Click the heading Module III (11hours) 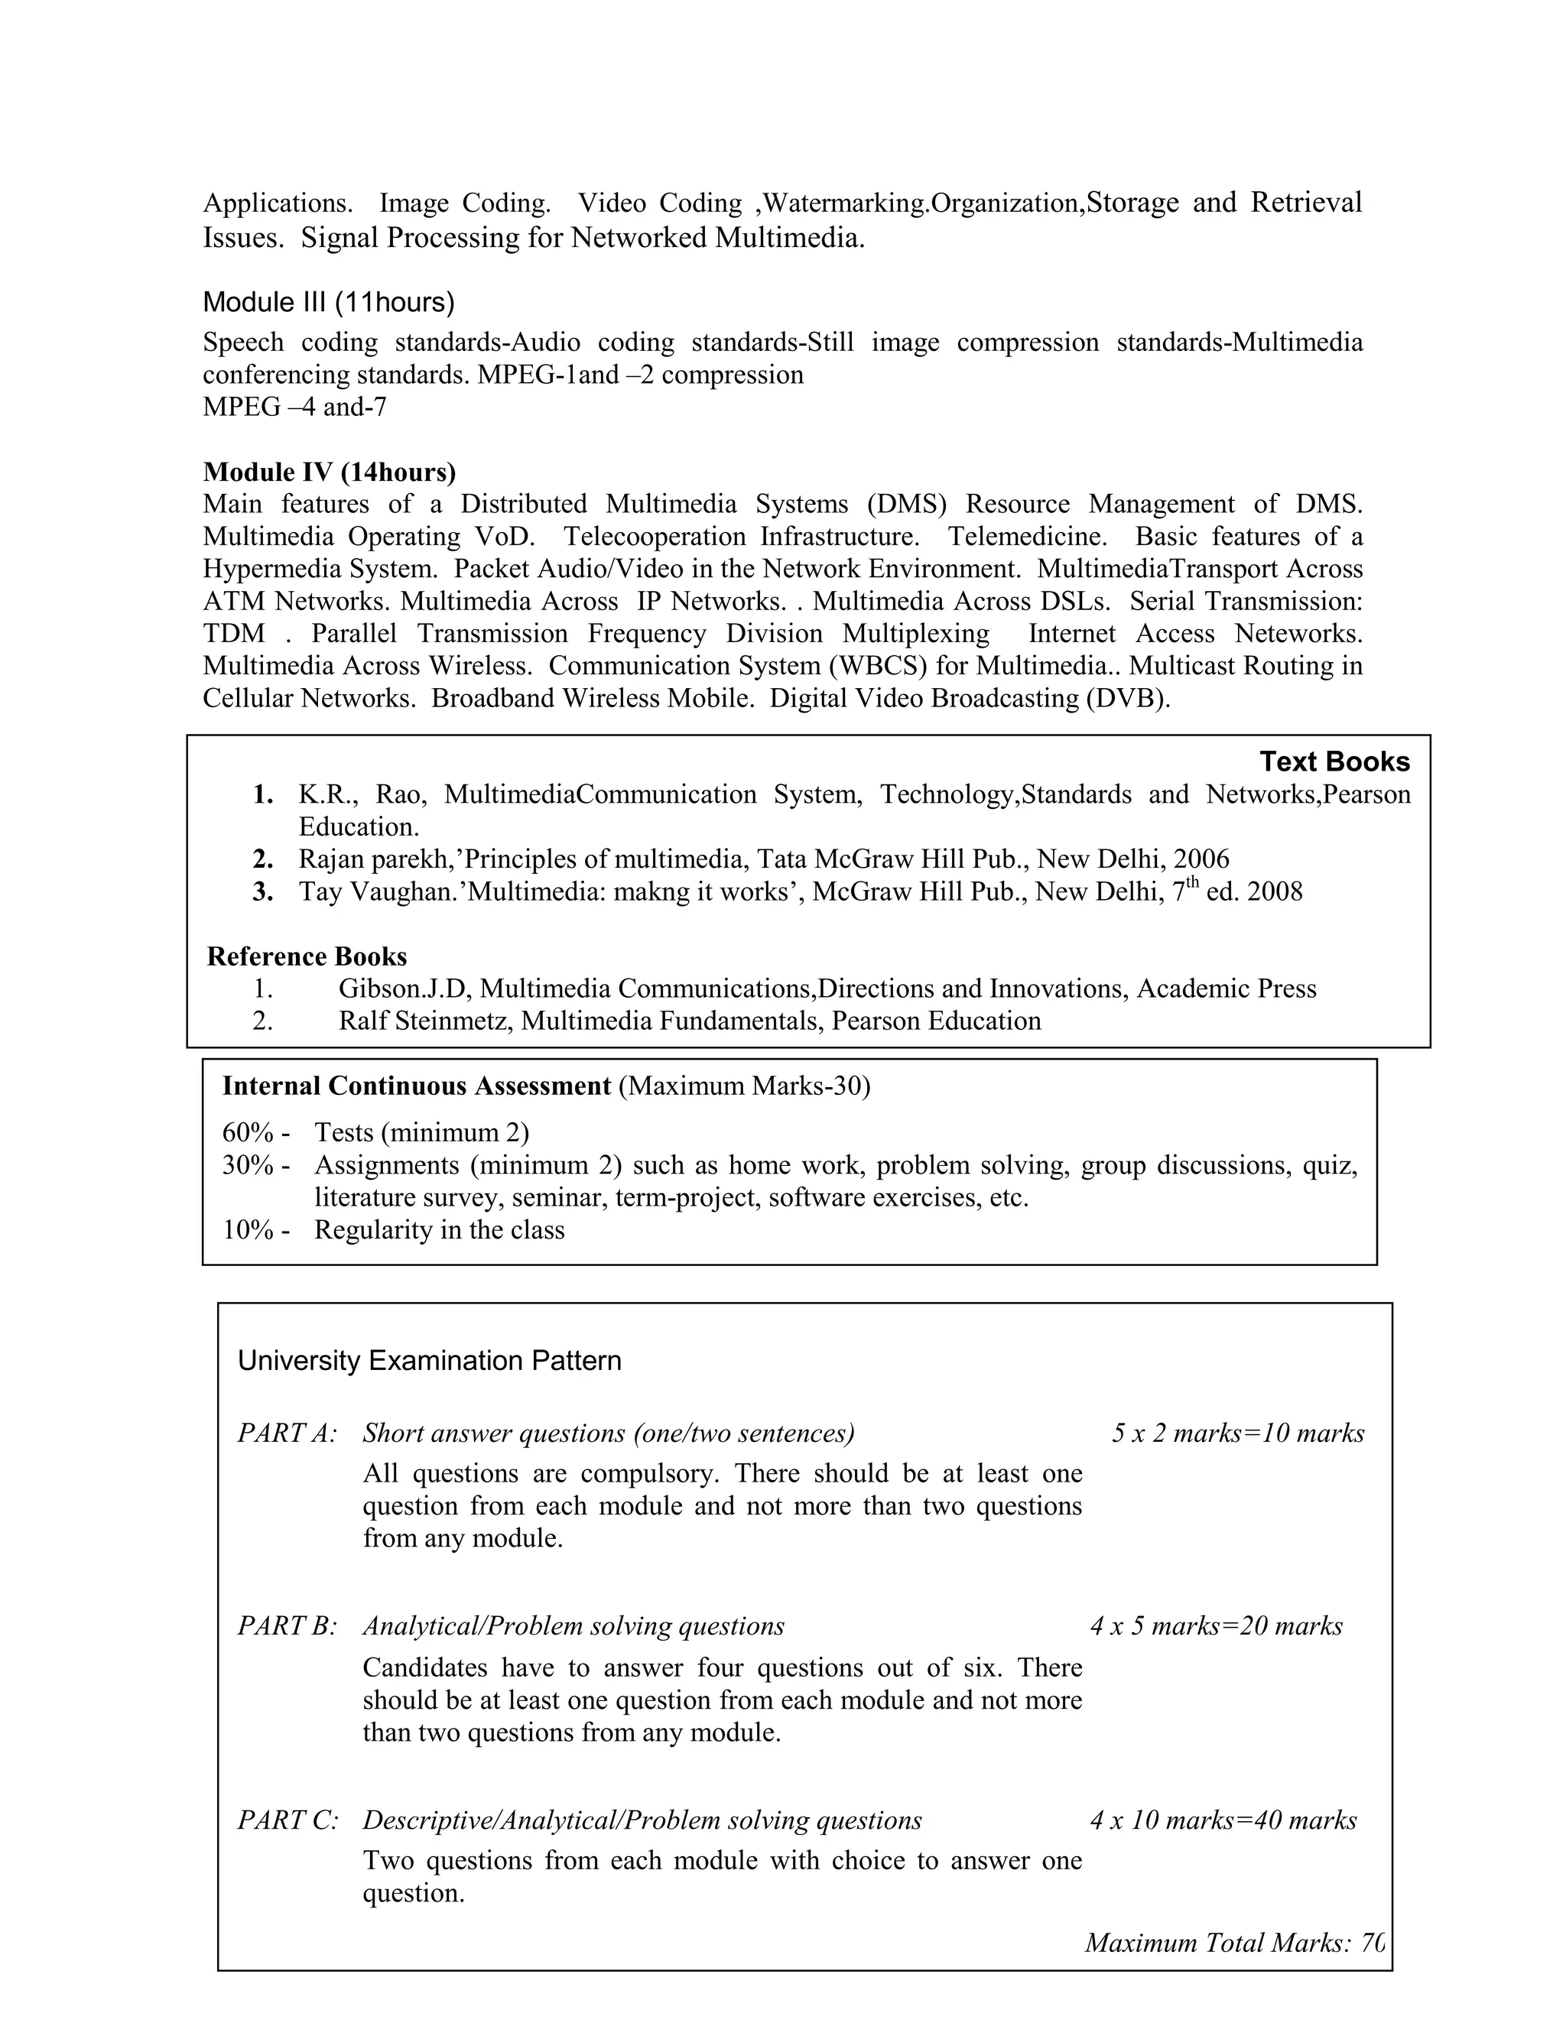coord(328,303)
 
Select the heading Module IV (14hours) coord(330,472)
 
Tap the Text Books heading coord(1334,761)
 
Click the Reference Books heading coord(307,956)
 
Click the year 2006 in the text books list coord(1201,859)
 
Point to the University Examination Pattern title coord(430,1361)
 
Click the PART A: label coord(287,1433)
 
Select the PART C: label coord(288,1820)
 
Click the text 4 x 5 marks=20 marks coord(1217,1626)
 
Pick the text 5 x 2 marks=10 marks coord(1238,1433)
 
